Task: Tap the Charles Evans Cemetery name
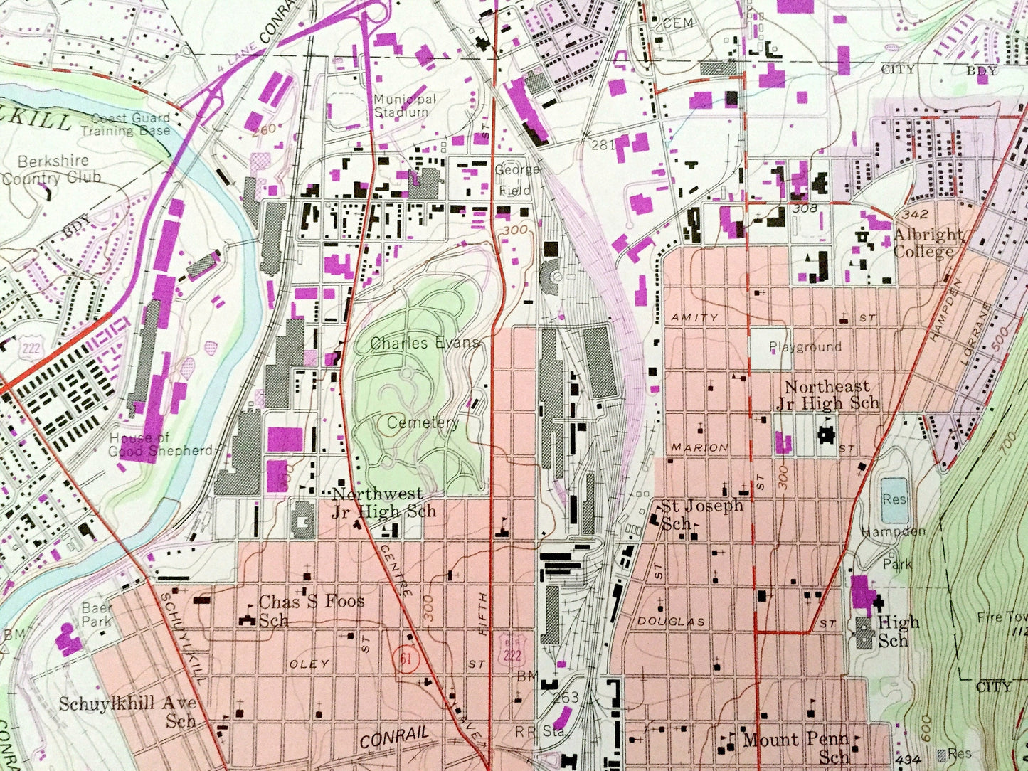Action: (425, 383)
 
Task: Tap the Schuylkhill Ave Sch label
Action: (128, 711)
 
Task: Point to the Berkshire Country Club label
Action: (51, 169)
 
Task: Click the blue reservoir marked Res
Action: (894, 499)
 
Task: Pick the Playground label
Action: (805, 347)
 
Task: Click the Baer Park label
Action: (97, 615)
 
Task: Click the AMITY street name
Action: (695, 317)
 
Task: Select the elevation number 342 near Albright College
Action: (915, 214)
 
